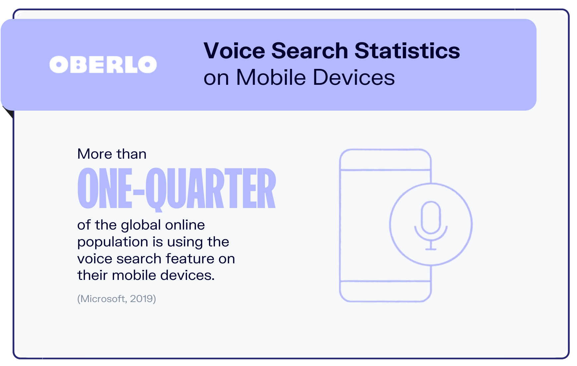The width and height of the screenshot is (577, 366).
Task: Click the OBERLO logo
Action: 103,65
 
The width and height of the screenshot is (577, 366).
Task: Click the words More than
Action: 112,154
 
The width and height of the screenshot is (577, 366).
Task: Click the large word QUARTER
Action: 211,189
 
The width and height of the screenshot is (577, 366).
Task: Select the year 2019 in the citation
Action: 142,299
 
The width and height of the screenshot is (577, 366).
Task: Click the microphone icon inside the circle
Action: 430,219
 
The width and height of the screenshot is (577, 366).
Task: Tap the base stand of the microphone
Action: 430,248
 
